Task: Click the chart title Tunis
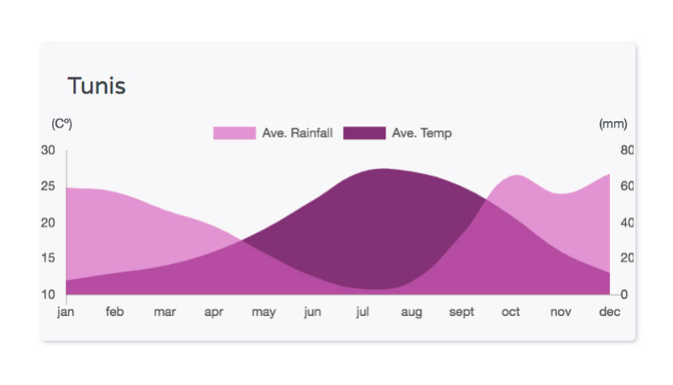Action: click(x=96, y=85)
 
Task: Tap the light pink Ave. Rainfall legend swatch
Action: click(x=234, y=133)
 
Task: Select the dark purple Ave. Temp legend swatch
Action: click(x=364, y=133)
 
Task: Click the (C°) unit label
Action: click(x=62, y=124)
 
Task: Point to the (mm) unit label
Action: click(x=613, y=124)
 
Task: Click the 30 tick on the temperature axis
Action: click(x=48, y=150)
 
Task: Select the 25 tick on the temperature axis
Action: click(x=48, y=186)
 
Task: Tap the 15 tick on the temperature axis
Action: click(x=48, y=258)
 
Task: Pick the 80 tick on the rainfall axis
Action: click(x=627, y=150)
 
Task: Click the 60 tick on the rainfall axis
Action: click(x=627, y=186)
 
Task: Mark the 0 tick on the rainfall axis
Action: click(x=624, y=295)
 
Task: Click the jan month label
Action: click(x=66, y=311)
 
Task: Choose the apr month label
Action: click(x=214, y=312)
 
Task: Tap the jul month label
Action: click(x=362, y=311)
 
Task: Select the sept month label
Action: click(x=461, y=312)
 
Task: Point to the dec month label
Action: click(x=610, y=311)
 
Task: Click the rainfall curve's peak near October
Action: click(x=517, y=175)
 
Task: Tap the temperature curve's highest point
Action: click(x=384, y=169)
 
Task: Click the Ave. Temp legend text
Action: click(x=422, y=133)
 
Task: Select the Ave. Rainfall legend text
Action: click(x=298, y=133)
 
